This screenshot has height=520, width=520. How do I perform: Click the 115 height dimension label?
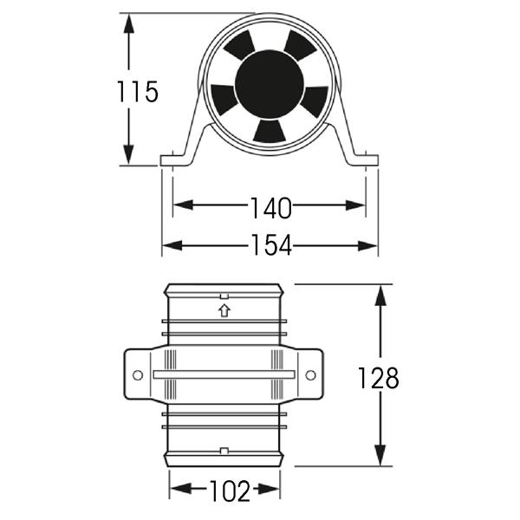pyautogui.click(x=138, y=91)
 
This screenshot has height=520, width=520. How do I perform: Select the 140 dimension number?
pyautogui.click(x=271, y=208)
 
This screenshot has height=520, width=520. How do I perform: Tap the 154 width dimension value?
pyautogui.click(x=271, y=244)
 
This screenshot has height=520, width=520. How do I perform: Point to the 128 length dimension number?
pyautogui.click(x=379, y=378)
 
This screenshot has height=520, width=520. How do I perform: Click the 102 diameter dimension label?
pyautogui.click(x=230, y=491)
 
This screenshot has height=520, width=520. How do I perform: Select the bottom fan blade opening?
pyautogui.click(x=270, y=131)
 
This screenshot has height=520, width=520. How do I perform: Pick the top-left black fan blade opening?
pyautogui.click(x=239, y=45)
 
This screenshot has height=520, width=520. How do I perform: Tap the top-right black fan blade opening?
pyautogui.click(x=300, y=45)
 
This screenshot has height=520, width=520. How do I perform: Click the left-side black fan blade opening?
pyautogui.click(x=224, y=99)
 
